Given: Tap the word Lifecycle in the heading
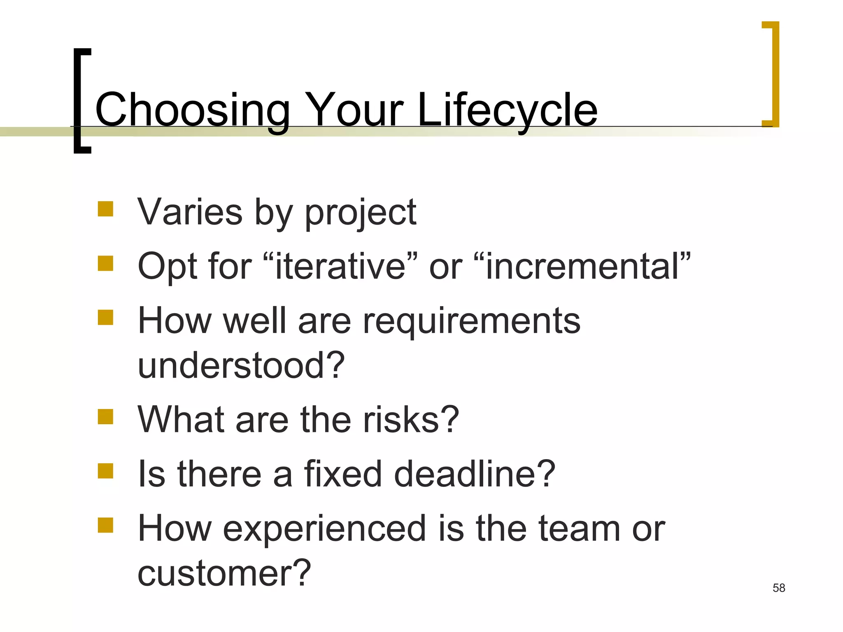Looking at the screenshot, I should click(507, 110).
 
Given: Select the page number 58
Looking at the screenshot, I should click(779, 588).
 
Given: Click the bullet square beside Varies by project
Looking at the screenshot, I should click(105, 209).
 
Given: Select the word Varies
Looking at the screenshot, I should click(190, 212).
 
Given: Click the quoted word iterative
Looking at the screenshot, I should click(340, 267).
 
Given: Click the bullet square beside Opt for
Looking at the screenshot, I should click(105, 263).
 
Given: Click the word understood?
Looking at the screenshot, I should click(241, 365).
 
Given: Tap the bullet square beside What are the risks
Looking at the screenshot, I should click(105, 416).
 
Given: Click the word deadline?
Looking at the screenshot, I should click(474, 474).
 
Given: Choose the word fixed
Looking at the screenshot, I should click(343, 474).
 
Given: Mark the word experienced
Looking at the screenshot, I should click(324, 529).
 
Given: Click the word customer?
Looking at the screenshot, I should click(224, 574).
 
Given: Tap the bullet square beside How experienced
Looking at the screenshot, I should click(105, 525).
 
